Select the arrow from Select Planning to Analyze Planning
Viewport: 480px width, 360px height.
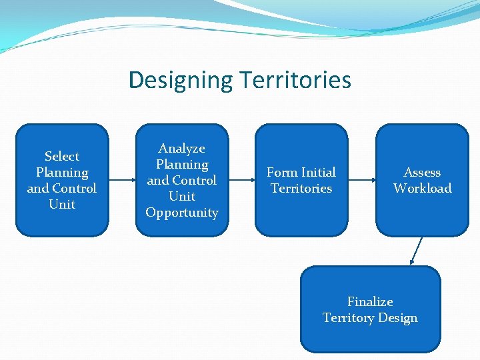tap(122, 180)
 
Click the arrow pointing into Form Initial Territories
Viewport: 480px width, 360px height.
tap(241, 180)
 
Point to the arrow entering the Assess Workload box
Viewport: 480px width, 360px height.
tap(361, 180)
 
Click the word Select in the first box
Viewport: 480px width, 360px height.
tap(62, 157)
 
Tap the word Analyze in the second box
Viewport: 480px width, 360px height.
tap(181, 149)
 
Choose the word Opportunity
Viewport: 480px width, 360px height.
tap(182, 213)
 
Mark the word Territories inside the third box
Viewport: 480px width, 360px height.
tap(301, 189)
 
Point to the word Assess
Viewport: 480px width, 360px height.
tap(422, 173)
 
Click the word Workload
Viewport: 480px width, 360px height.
tap(422, 189)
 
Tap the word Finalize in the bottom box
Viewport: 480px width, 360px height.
tap(370, 302)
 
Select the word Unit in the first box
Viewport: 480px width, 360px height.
tap(62, 205)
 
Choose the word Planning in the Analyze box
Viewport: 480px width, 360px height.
tap(182, 165)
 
